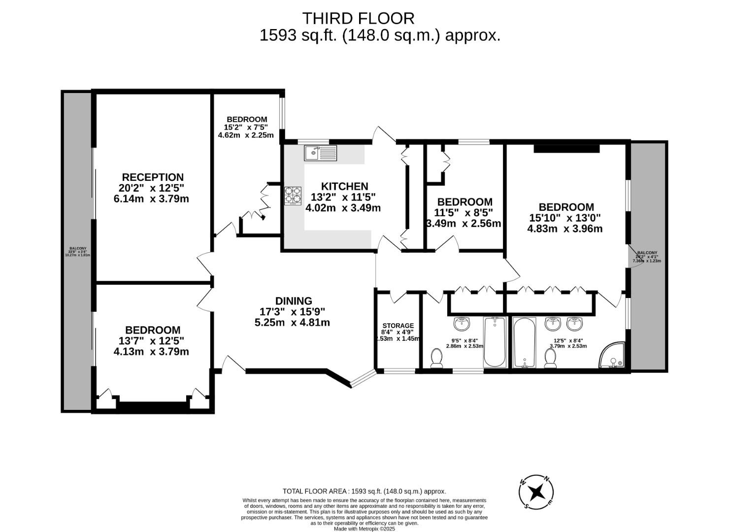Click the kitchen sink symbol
click(320, 153)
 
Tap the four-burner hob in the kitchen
click(293, 195)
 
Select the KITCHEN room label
click(344, 186)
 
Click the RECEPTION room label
click(153, 177)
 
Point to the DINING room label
click(294, 301)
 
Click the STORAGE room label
click(398, 326)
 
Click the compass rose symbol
click(536, 492)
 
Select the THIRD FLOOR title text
click(358, 18)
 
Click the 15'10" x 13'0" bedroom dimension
click(565, 218)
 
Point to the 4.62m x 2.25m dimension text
click(245, 135)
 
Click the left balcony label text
click(77, 252)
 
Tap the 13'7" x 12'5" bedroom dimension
click(151, 341)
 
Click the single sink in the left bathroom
click(462, 324)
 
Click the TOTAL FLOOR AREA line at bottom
click(364, 491)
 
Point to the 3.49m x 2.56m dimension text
click(464, 223)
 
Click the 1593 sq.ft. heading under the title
click(380, 35)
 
